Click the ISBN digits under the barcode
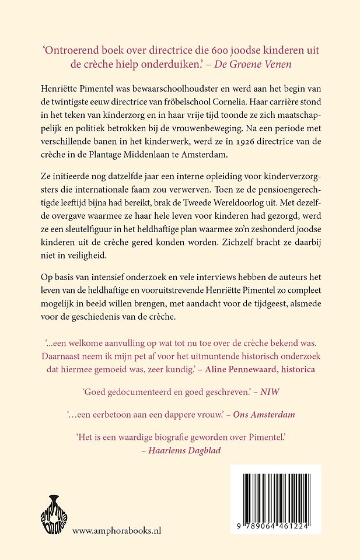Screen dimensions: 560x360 (x=275, y=526)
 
